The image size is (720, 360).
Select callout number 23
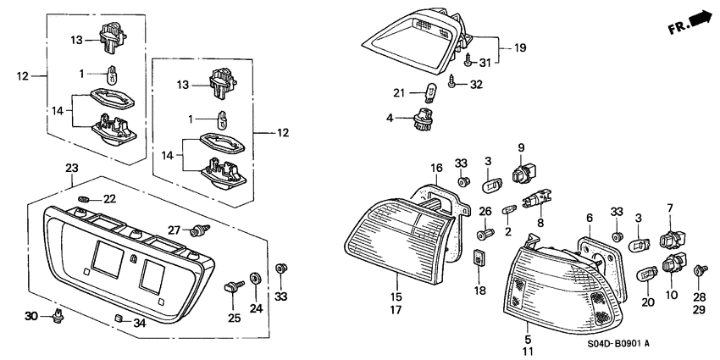point(71,169)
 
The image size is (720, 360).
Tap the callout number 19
point(519,48)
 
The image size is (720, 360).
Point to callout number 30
point(31,316)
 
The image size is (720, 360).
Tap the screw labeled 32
point(457,83)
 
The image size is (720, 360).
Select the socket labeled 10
point(673,266)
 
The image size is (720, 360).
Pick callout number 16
point(435,169)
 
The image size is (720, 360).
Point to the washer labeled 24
point(255,277)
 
